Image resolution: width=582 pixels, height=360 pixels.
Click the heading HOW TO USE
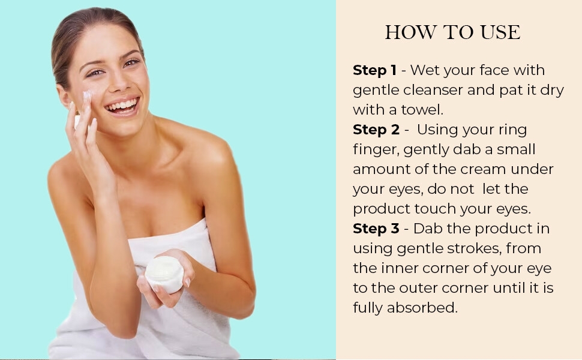[x=452, y=32]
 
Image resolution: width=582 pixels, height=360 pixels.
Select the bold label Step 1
[x=374, y=70]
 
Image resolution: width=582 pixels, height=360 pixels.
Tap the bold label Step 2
[x=376, y=130]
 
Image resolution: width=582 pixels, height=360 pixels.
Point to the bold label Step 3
[x=376, y=229]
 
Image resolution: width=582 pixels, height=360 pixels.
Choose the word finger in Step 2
[x=376, y=149]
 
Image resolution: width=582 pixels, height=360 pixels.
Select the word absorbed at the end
[x=422, y=308]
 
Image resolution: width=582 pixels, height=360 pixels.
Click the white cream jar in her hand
[x=164, y=274]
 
